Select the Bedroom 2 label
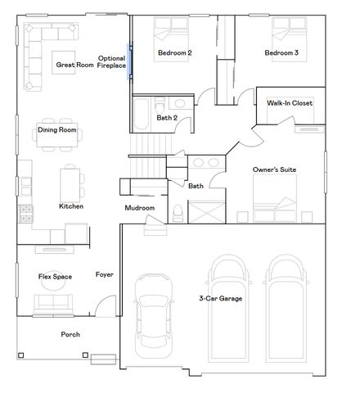[174, 54]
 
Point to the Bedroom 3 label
[281, 54]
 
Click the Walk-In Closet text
[290, 103]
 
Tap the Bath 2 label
[167, 117]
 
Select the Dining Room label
[56, 129]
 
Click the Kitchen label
[71, 206]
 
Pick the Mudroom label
[139, 208]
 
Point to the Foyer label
[104, 274]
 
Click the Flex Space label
[55, 277]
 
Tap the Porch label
[71, 334]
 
